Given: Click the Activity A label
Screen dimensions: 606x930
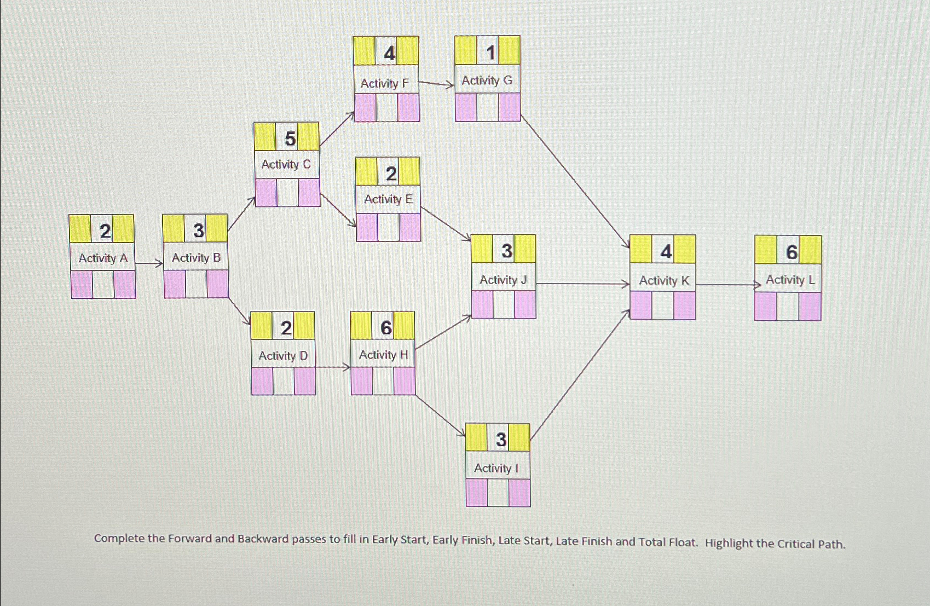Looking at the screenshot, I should (x=103, y=258).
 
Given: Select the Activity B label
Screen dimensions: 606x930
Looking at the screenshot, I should (x=196, y=257).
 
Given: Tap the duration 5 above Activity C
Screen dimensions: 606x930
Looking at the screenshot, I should (x=290, y=138).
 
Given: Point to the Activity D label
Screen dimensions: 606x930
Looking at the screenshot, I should (x=283, y=356).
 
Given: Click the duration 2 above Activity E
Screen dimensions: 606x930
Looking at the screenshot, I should (x=391, y=174).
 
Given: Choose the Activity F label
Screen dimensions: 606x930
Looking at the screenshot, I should (x=384, y=83).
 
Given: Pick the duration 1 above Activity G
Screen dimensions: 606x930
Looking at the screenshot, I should (x=490, y=53).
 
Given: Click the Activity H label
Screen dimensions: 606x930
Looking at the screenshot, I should (x=384, y=355).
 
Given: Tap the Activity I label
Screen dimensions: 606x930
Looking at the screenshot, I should (x=496, y=468).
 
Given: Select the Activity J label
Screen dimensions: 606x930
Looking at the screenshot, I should (x=503, y=280).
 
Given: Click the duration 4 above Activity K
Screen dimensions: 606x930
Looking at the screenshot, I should (x=666, y=251).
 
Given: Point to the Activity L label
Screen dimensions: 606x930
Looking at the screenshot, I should (x=790, y=280).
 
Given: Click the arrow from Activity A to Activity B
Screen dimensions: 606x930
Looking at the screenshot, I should (x=149, y=264).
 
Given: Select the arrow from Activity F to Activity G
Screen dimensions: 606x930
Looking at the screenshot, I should (x=436, y=84).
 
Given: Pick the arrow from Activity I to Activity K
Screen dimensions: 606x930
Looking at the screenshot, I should (x=580, y=375).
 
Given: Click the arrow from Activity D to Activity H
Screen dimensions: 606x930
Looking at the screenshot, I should (x=333, y=367).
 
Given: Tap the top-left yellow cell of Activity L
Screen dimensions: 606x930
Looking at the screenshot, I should (x=765, y=250).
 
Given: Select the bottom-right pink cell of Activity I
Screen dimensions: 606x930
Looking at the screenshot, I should (x=519, y=493).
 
